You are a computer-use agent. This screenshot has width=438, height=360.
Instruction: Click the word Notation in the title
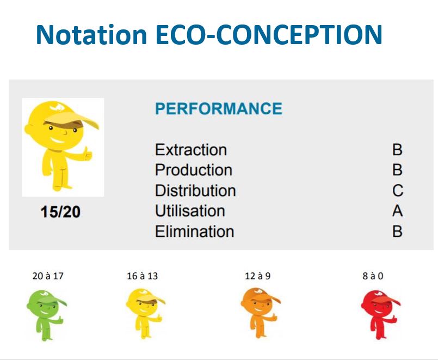91,34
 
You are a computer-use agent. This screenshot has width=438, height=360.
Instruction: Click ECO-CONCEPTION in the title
269,34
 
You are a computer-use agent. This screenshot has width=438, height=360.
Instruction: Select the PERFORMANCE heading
218,108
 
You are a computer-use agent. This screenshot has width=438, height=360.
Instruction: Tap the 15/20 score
60,211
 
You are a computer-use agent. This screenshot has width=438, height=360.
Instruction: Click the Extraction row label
191,150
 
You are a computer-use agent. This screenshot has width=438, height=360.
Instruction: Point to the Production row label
194,170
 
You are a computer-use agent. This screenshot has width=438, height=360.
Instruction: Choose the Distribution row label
195,191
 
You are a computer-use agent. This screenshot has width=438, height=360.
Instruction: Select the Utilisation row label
190,211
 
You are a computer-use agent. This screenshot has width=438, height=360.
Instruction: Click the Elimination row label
194,231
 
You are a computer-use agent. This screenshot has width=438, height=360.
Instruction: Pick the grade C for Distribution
398,191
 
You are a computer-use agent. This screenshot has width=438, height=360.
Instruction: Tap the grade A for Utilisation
398,211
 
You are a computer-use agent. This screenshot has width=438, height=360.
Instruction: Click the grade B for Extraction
398,150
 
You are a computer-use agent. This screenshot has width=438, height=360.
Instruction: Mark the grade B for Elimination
398,231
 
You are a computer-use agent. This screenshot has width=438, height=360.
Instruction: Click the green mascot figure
46,315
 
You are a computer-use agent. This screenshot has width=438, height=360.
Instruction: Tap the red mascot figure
380,315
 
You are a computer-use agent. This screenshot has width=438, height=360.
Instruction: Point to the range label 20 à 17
48,276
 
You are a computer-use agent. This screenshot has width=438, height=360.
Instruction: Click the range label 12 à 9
257,276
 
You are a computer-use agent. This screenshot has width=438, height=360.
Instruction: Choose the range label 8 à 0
373,276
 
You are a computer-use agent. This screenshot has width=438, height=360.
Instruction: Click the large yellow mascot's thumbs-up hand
88,154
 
